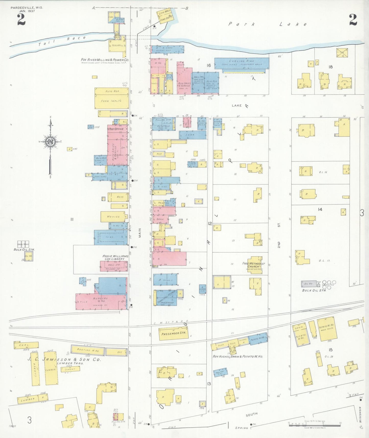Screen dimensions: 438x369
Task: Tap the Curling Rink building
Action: (241, 63)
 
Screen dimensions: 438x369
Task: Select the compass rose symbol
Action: (50, 142)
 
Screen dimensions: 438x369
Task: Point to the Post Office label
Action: (116, 129)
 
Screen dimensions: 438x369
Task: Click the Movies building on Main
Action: (113, 216)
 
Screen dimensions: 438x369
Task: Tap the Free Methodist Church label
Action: (253, 265)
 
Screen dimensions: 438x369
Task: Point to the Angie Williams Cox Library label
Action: (115, 257)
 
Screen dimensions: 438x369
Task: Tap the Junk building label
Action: (190, 135)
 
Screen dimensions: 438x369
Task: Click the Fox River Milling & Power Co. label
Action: (105, 60)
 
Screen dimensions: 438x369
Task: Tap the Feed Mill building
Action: (117, 45)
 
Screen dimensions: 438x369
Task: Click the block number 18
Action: (330, 67)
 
